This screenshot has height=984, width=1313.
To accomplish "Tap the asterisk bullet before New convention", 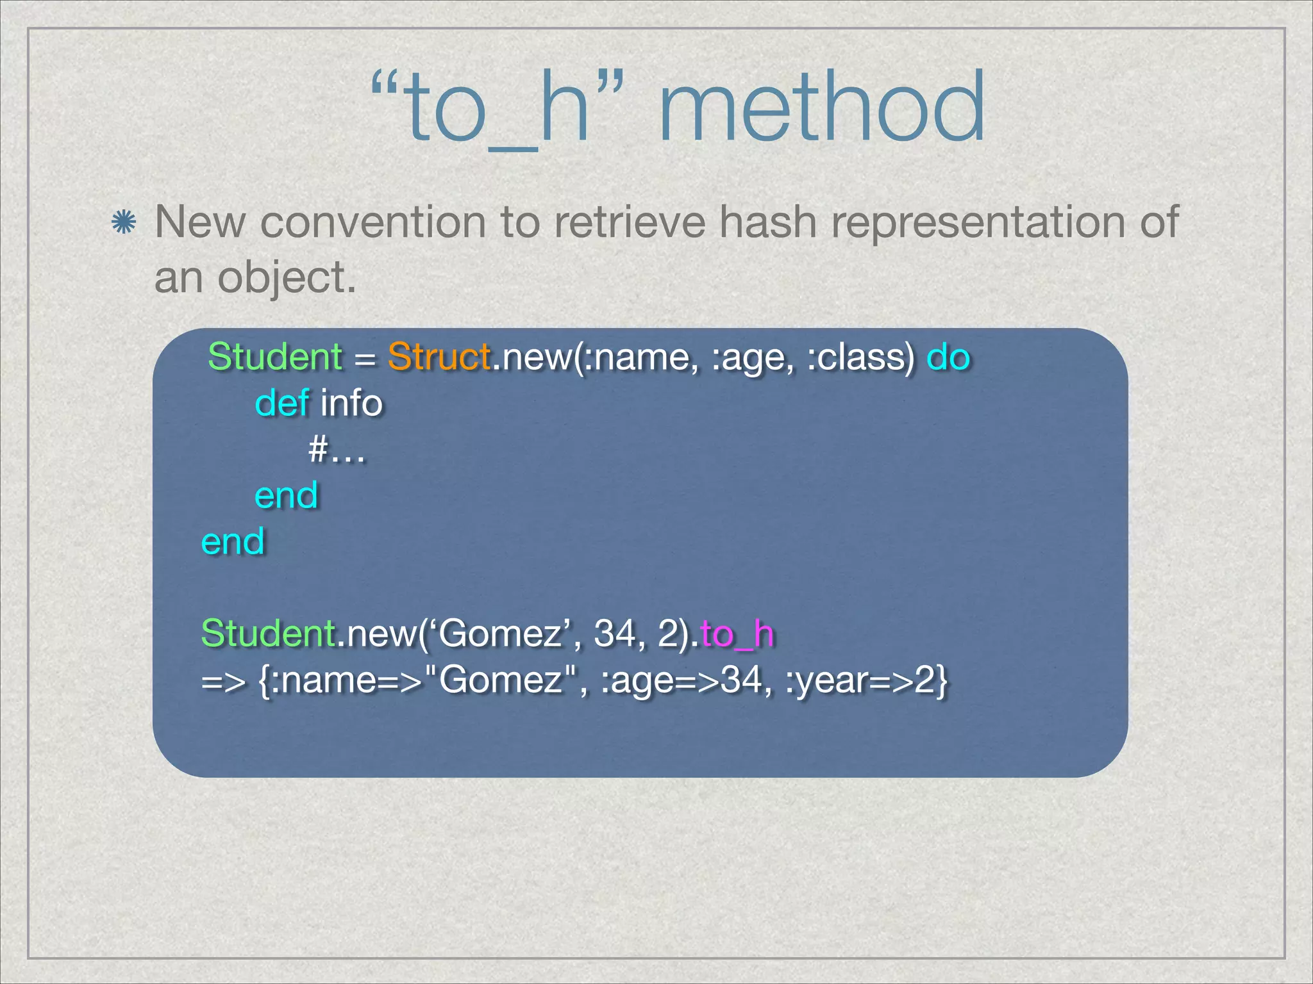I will point(123,223).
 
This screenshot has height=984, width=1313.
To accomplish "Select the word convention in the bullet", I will point(372,222).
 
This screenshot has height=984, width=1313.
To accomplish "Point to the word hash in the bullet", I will point(767,222).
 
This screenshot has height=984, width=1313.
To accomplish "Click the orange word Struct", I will point(439,356).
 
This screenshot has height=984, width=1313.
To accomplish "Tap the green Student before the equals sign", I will point(275,356).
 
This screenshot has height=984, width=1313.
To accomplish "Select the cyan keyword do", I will point(948,356).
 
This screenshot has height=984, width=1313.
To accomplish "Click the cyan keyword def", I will point(282,403).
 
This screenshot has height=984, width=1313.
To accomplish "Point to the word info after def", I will point(351,403).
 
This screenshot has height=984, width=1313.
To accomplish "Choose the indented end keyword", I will point(286,495).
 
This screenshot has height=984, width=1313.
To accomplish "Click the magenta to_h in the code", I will point(737,634).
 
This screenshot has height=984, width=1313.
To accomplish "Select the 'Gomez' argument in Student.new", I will point(501,634).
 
